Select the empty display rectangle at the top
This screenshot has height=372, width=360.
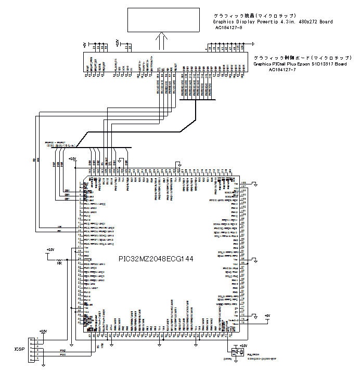(x=164, y=19)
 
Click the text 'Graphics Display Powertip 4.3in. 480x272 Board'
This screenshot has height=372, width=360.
(x=273, y=22)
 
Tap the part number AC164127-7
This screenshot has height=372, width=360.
(x=282, y=69)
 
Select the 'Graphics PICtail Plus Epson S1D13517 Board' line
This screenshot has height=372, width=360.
(x=300, y=64)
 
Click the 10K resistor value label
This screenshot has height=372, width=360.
(x=60, y=263)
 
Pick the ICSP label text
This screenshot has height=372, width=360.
(x=19, y=349)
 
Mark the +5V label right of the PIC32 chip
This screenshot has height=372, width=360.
(x=267, y=315)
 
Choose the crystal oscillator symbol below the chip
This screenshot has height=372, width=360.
(x=239, y=352)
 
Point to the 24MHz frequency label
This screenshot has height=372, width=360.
(x=227, y=358)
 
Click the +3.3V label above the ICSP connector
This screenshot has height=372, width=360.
(x=43, y=331)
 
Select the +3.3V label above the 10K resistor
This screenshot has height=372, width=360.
(x=50, y=250)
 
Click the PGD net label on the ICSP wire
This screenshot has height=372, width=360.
(x=62, y=351)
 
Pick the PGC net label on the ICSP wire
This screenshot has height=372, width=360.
(x=62, y=355)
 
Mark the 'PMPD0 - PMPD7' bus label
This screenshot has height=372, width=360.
(x=56, y=141)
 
